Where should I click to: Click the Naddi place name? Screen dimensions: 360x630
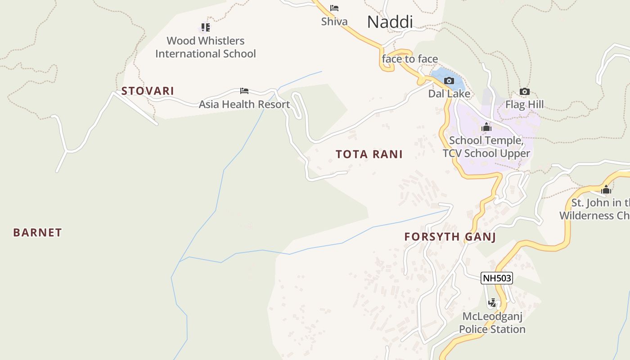pos(390,22)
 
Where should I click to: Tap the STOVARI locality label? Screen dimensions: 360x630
pos(148,91)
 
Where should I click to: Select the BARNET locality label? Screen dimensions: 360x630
pos(37,233)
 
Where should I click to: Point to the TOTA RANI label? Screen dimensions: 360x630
pos(369,154)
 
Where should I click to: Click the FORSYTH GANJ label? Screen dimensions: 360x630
pos(450,237)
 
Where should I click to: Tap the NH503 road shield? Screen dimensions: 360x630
pos(497,278)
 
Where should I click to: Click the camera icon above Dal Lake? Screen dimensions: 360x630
pos(449,81)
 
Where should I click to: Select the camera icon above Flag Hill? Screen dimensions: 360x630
pos(524,92)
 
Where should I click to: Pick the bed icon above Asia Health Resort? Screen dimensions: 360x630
pos(244,91)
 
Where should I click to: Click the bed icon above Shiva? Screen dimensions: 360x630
pos(334,8)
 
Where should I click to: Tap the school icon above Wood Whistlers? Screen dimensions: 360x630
pos(206,27)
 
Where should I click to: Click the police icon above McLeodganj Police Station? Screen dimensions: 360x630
pos(492,303)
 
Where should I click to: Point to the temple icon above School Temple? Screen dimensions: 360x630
pos(486,127)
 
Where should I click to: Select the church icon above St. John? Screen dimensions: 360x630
pos(606,189)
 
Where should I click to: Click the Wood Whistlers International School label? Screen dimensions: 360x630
pos(206,47)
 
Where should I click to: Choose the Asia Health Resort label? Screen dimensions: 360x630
pos(244,104)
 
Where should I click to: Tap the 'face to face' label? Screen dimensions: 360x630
pos(409,59)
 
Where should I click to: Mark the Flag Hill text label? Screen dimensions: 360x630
pos(524,105)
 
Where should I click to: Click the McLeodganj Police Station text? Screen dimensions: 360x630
pos(492,323)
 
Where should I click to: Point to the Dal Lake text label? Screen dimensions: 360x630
pos(449,94)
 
